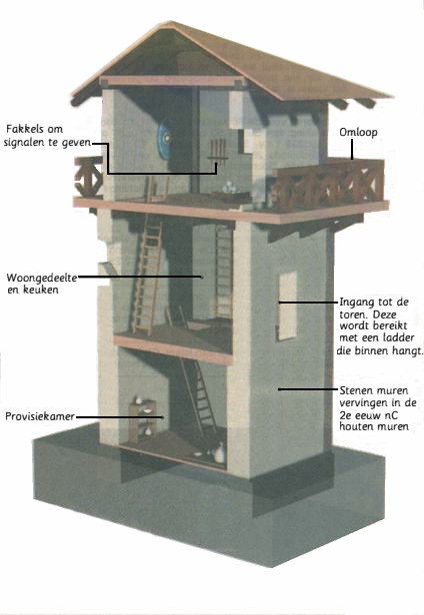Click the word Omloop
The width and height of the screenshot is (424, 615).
pos(358,132)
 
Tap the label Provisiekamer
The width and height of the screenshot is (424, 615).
pos(40,416)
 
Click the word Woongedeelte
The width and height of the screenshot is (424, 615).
pos(42,279)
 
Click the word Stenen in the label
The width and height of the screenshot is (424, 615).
pos(354,390)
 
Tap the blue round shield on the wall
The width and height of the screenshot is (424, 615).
pos(165,139)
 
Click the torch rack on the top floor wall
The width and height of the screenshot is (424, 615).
pos(217,151)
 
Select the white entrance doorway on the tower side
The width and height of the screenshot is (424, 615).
pos(287,306)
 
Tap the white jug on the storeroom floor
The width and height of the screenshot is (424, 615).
pos(220,452)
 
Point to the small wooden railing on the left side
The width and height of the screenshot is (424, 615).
pos(88,178)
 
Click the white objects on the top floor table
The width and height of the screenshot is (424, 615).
pos(229,189)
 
